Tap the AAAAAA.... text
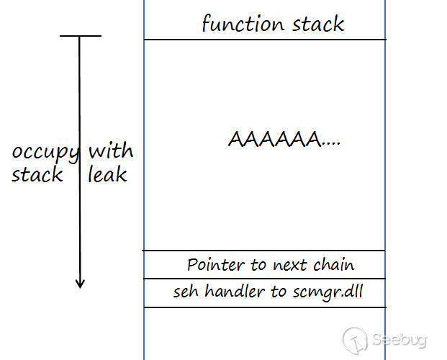click(x=284, y=139)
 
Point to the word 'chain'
click(x=334, y=265)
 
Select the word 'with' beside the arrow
click(x=110, y=151)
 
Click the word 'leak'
click(x=107, y=174)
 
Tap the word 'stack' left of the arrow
click(x=37, y=174)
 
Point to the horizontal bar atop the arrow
click(x=80, y=36)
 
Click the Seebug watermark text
click(x=400, y=338)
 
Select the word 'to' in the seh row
click(x=276, y=292)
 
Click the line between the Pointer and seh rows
click(x=264, y=279)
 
